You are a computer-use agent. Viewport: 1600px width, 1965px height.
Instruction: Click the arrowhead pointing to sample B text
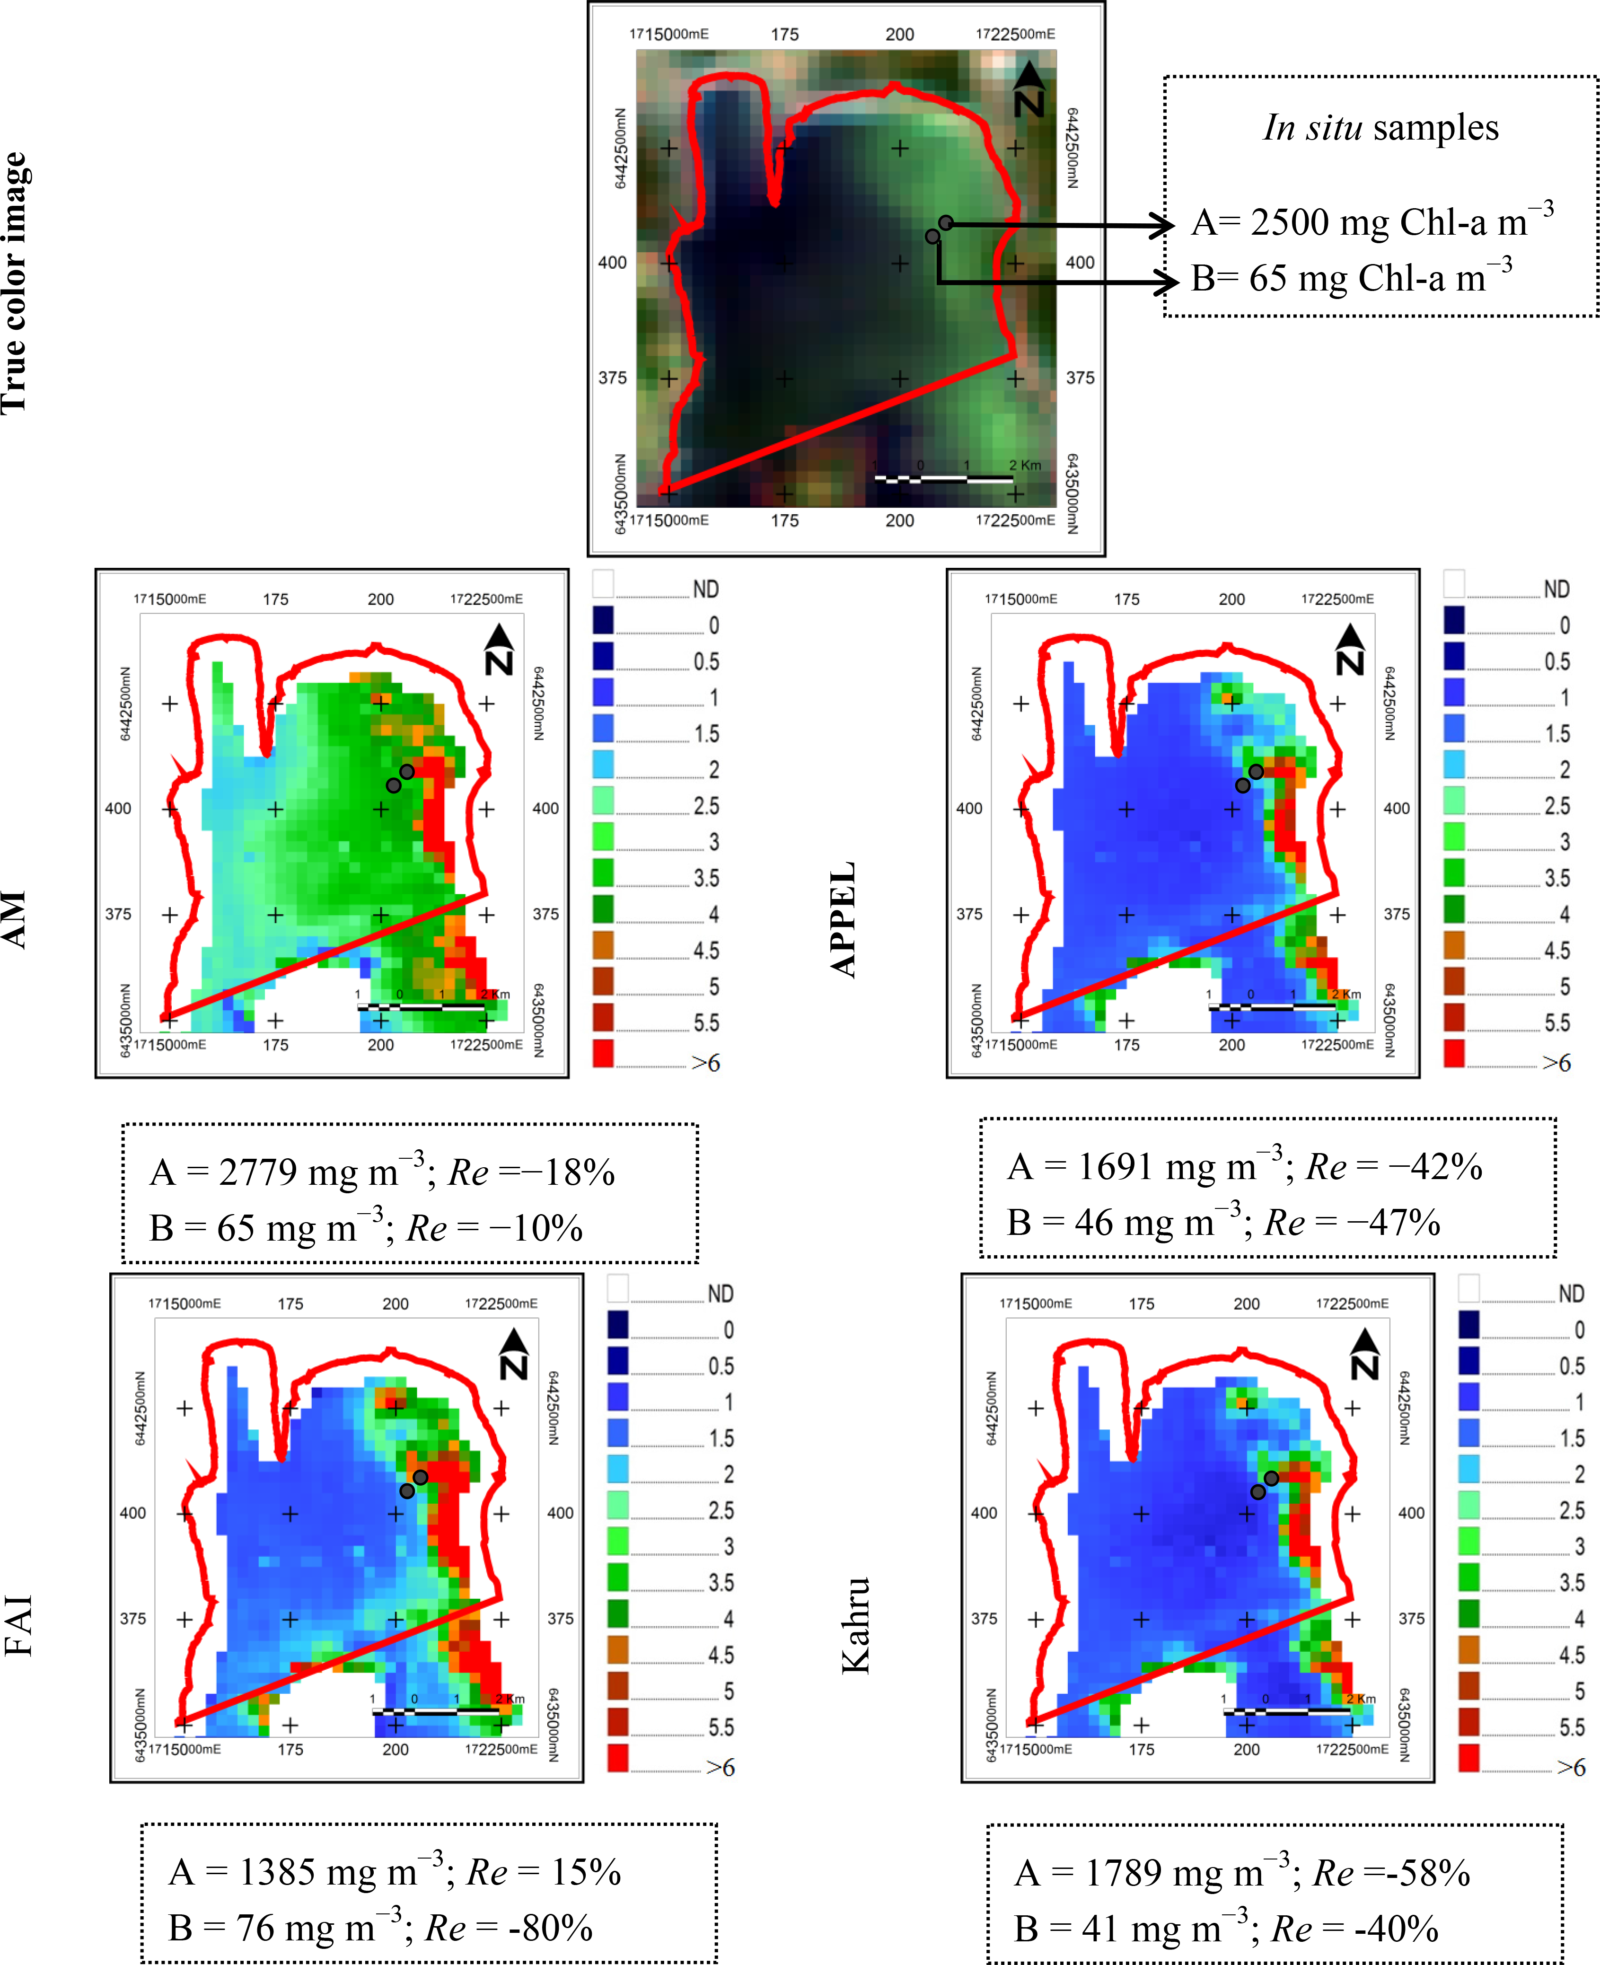[1166, 282]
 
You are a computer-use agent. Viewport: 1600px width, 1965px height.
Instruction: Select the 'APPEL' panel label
[844, 919]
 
